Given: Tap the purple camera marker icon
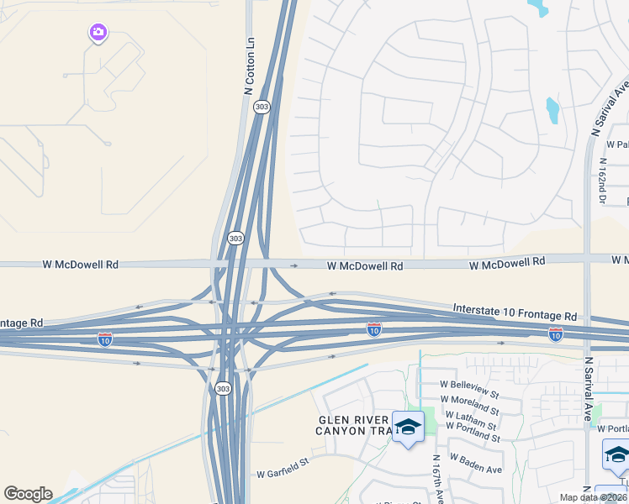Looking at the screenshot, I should [x=98, y=33].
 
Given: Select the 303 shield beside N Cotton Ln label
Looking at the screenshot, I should [x=262, y=108].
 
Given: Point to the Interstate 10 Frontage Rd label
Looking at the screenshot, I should [x=515, y=312].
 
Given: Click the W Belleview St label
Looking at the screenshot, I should [x=469, y=384].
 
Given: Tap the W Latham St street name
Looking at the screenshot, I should [x=472, y=415].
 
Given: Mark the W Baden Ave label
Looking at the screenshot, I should [x=476, y=463].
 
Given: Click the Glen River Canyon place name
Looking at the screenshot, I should [x=352, y=425].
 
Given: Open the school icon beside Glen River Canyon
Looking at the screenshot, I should [x=409, y=428].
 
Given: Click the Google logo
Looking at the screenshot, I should [x=28, y=494].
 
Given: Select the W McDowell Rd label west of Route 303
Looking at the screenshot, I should [x=81, y=264].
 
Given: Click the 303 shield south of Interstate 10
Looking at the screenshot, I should [x=222, y=388].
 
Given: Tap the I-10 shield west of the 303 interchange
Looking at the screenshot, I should [x=105, y=339].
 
